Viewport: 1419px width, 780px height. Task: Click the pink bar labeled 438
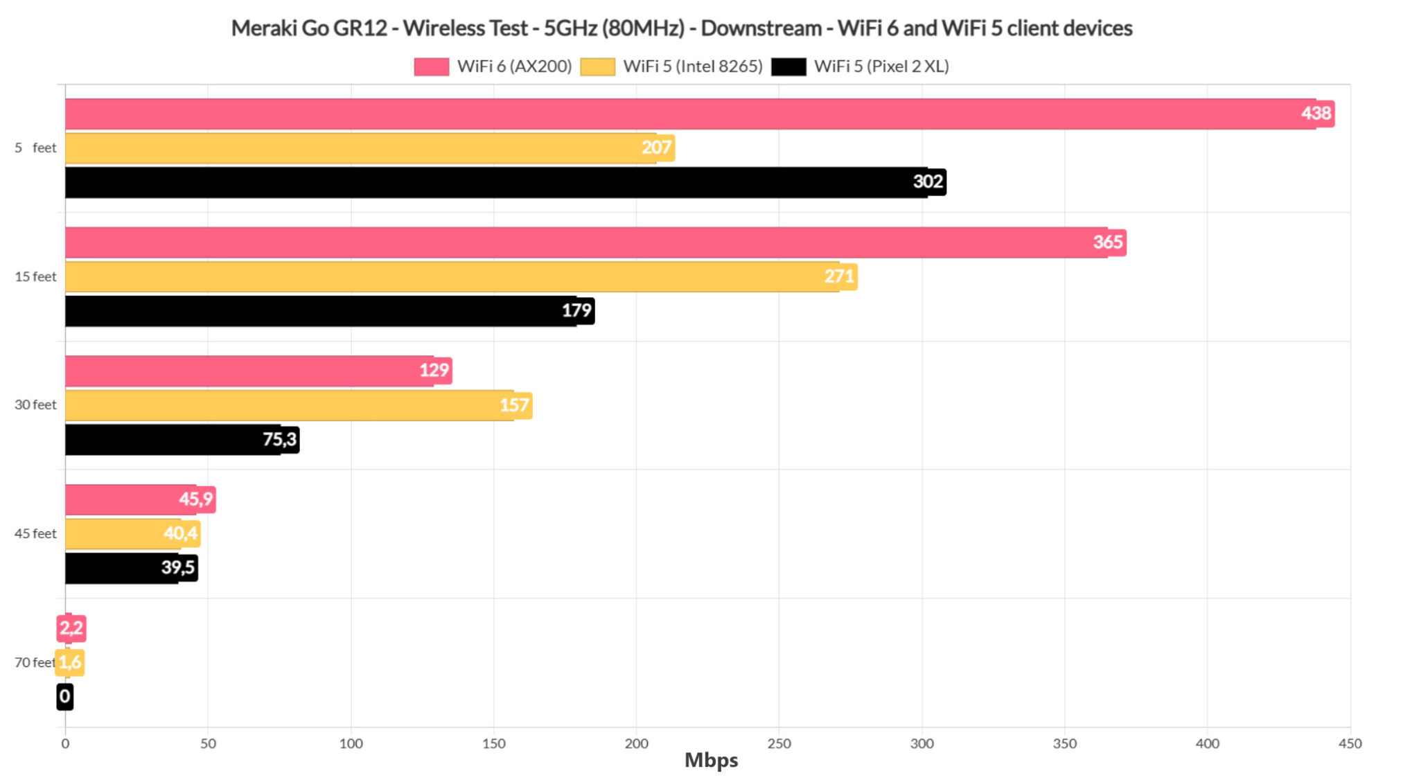[693, 114]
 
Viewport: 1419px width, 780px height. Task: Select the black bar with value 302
[485, 182]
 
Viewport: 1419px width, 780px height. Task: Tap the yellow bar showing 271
[450, 276]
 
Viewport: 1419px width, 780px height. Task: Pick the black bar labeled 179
[319, 310]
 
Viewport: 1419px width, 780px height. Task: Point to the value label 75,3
[280, 439]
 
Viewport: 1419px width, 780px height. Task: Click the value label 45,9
[196, 499]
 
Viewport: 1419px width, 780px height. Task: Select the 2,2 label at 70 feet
[71, 628]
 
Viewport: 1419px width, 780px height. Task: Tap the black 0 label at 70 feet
[64, 696]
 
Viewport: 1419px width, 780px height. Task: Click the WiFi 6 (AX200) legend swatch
[431, 67]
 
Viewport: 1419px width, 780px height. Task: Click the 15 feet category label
[35, 276]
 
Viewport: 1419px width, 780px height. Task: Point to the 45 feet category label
[35, 533]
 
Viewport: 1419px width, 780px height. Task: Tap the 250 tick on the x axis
[779, 743]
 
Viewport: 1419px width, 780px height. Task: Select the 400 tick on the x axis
[1207, 743]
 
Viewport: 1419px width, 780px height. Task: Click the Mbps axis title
[711, 761]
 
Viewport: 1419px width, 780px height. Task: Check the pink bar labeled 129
[249, 371]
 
